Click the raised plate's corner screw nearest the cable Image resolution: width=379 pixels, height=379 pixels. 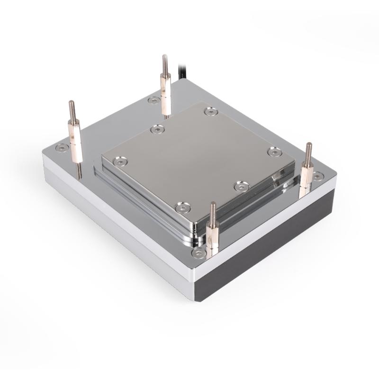point(210,111)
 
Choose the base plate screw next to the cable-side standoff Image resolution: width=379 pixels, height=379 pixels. point(153,100)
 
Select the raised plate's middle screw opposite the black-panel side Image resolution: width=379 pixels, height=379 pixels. point(157,128)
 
